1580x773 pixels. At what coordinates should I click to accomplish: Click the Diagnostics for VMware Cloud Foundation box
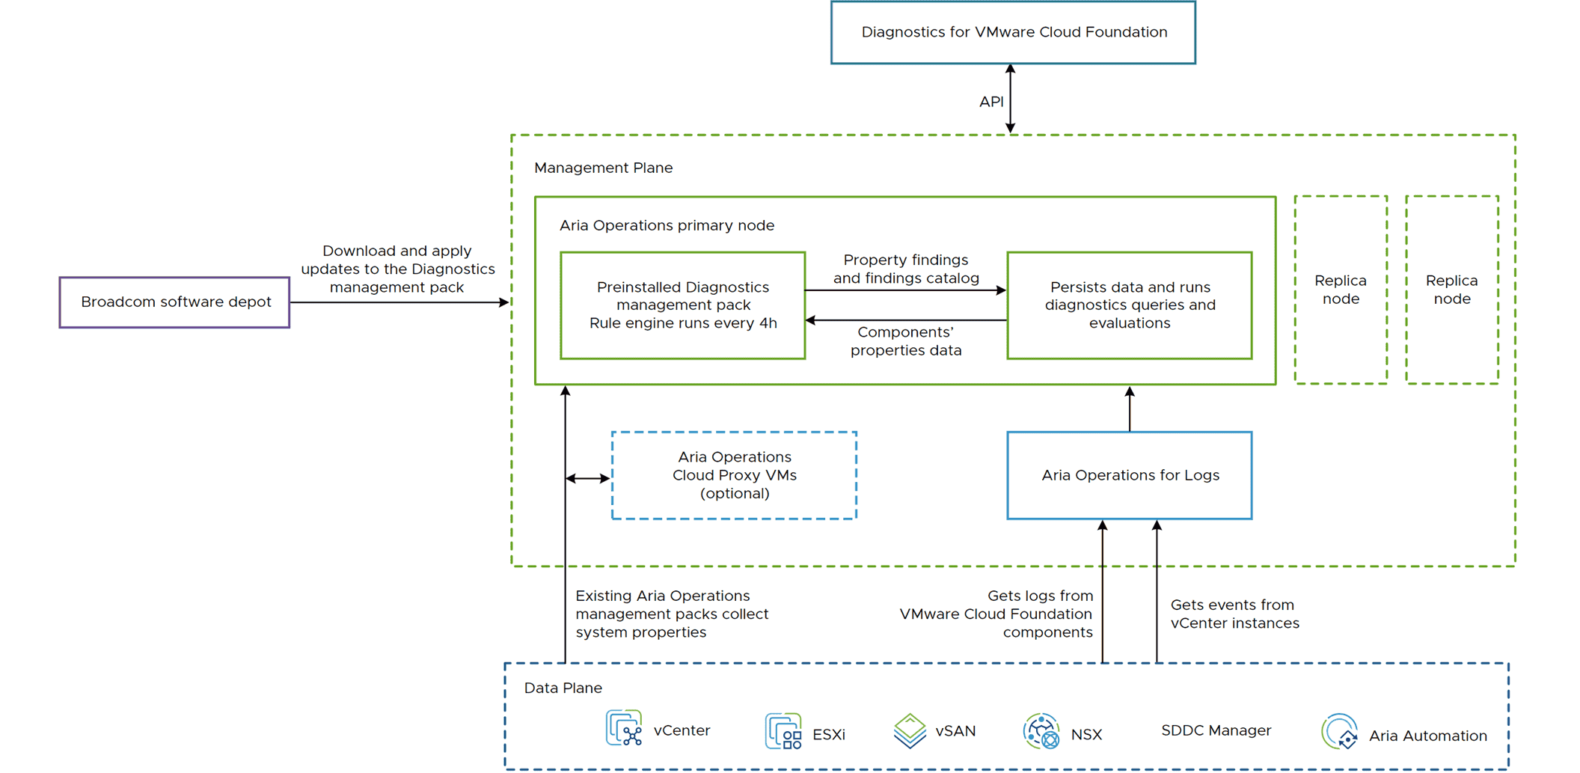point(1013,32)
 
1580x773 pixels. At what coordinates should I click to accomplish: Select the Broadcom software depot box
point(175,302)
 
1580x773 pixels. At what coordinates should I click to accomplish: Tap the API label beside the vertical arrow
point(991,102)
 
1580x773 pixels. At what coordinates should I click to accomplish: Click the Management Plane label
point(603,168)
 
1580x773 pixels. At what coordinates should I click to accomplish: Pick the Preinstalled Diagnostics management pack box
point(682,305)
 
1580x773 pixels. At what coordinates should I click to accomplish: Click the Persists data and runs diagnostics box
point(1129,305)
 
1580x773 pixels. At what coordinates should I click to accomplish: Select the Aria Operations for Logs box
point(1129,475)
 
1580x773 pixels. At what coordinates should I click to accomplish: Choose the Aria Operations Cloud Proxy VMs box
point(734,475)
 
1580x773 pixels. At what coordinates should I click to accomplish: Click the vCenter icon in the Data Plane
point(624,728)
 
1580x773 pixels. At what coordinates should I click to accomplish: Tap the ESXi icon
point(783,731)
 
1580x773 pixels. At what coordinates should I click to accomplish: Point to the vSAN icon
point(910,730)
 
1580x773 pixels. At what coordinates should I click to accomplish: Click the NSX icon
point(1041,731)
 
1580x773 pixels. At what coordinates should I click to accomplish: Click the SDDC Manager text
point(1216,730)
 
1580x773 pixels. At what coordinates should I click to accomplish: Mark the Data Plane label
point(563,688)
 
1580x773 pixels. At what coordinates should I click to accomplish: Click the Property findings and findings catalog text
point(906,269)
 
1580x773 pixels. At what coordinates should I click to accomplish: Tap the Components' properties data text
point(906,341)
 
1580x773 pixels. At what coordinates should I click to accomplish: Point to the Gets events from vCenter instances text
point(1234,614)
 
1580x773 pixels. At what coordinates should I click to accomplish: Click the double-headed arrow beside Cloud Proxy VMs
point(588,478)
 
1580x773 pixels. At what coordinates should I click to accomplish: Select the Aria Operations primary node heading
point(667,225)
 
